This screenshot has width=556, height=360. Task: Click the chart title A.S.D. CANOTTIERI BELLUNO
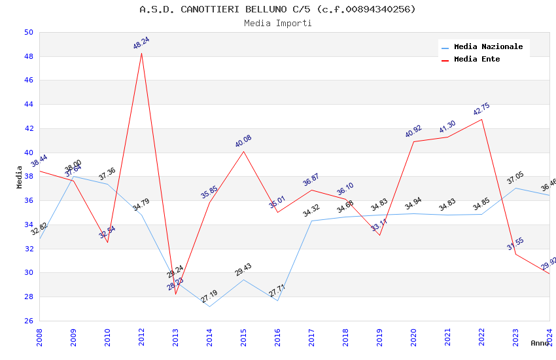pyautogui.click(x=277, y=9)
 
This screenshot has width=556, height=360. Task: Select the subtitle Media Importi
pyautogui.click(x=277, y=24)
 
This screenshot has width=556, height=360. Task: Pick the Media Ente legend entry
pyautogui.click(x=477, y=60)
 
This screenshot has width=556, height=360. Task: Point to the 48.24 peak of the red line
pyautogui.click(x=141, y=53)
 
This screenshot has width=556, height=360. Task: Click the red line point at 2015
pyautogui.click(x=243, y=151)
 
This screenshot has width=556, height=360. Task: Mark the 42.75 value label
pyautogui.click(x=481, y=109)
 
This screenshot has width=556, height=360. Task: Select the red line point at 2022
pyautogui.click(x=481, y=119)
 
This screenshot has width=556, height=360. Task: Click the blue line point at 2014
pyautogui.click(x=209, y=306)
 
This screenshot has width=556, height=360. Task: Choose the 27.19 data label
pyautogui.click(x=209, y=297)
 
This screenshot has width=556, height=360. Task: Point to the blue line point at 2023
pyautogui.click(x=515, y=188)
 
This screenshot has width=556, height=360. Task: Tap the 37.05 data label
pyautogui.click(x=515, y=178)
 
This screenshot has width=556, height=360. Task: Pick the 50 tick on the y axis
pyautogui.click(x=28, y=33)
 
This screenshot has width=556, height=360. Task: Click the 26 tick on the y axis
pyautogui.click(x=28, y=321)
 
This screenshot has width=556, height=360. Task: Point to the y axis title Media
pyautogui.click(x=20, y=177)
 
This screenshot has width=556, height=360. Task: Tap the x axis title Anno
pyautogui.click(x=540, y=343)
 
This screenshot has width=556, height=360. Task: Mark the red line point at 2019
pyautogui.click(x=379, y=235)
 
